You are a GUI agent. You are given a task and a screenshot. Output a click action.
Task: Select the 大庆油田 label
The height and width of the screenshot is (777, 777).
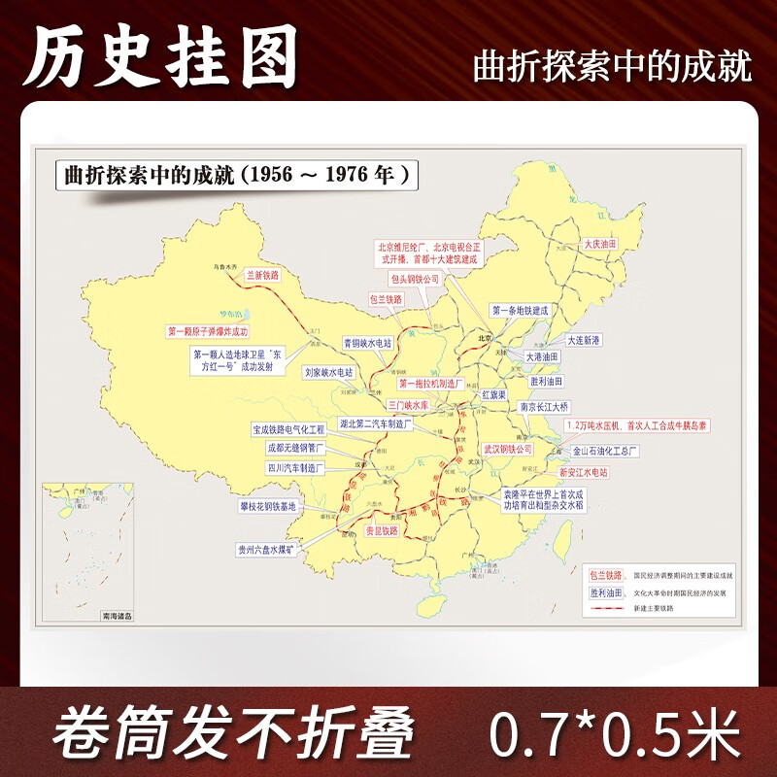tap(600, 245)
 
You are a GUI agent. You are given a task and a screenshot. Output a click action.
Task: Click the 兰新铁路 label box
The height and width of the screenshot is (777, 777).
tap(263, 276)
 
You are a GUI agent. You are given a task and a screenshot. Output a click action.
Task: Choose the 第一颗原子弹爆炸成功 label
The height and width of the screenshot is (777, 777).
tap(215, 331)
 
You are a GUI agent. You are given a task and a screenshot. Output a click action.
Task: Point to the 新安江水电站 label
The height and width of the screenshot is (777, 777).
tap(583, 472)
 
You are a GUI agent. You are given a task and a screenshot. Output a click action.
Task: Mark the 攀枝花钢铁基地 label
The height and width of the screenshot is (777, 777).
tap(274, 507)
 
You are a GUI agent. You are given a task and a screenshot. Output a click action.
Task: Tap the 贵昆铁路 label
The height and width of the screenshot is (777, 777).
tap(381, 531)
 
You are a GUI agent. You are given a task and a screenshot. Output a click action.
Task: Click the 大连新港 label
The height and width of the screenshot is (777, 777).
tap(584, 340)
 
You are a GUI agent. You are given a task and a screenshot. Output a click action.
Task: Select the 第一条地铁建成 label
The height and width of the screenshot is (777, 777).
tap(521, 311)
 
